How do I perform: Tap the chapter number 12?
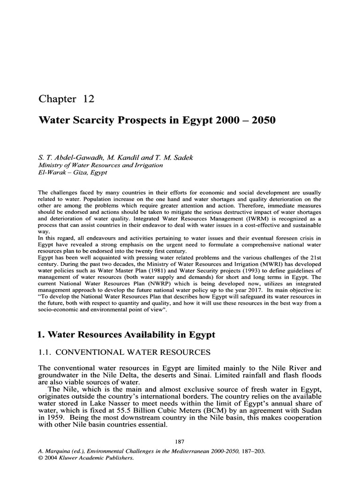(89, 99)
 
